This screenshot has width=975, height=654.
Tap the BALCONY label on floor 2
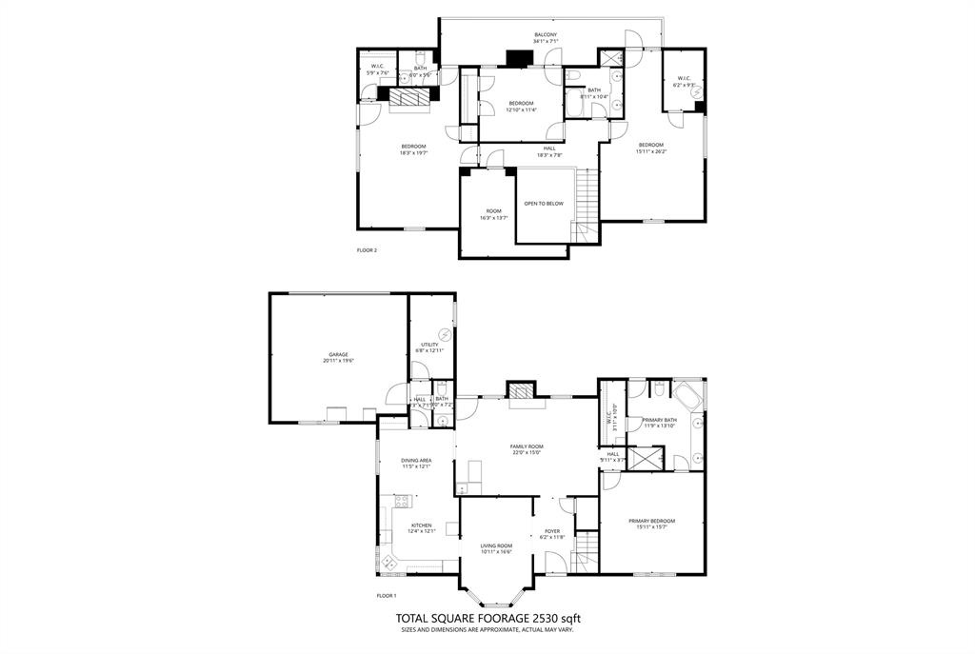[546, 35]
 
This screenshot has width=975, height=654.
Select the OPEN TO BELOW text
[544, 203]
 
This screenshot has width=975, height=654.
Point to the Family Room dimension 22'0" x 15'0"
[526, 453]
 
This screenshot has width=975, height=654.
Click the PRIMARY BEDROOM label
[651, 521]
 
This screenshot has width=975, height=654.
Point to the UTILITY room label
[429, 345]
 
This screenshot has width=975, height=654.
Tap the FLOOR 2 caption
[367, 250]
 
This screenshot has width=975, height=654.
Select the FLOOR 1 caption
[387, 596]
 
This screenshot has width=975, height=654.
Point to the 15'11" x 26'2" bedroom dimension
[651, 150]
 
